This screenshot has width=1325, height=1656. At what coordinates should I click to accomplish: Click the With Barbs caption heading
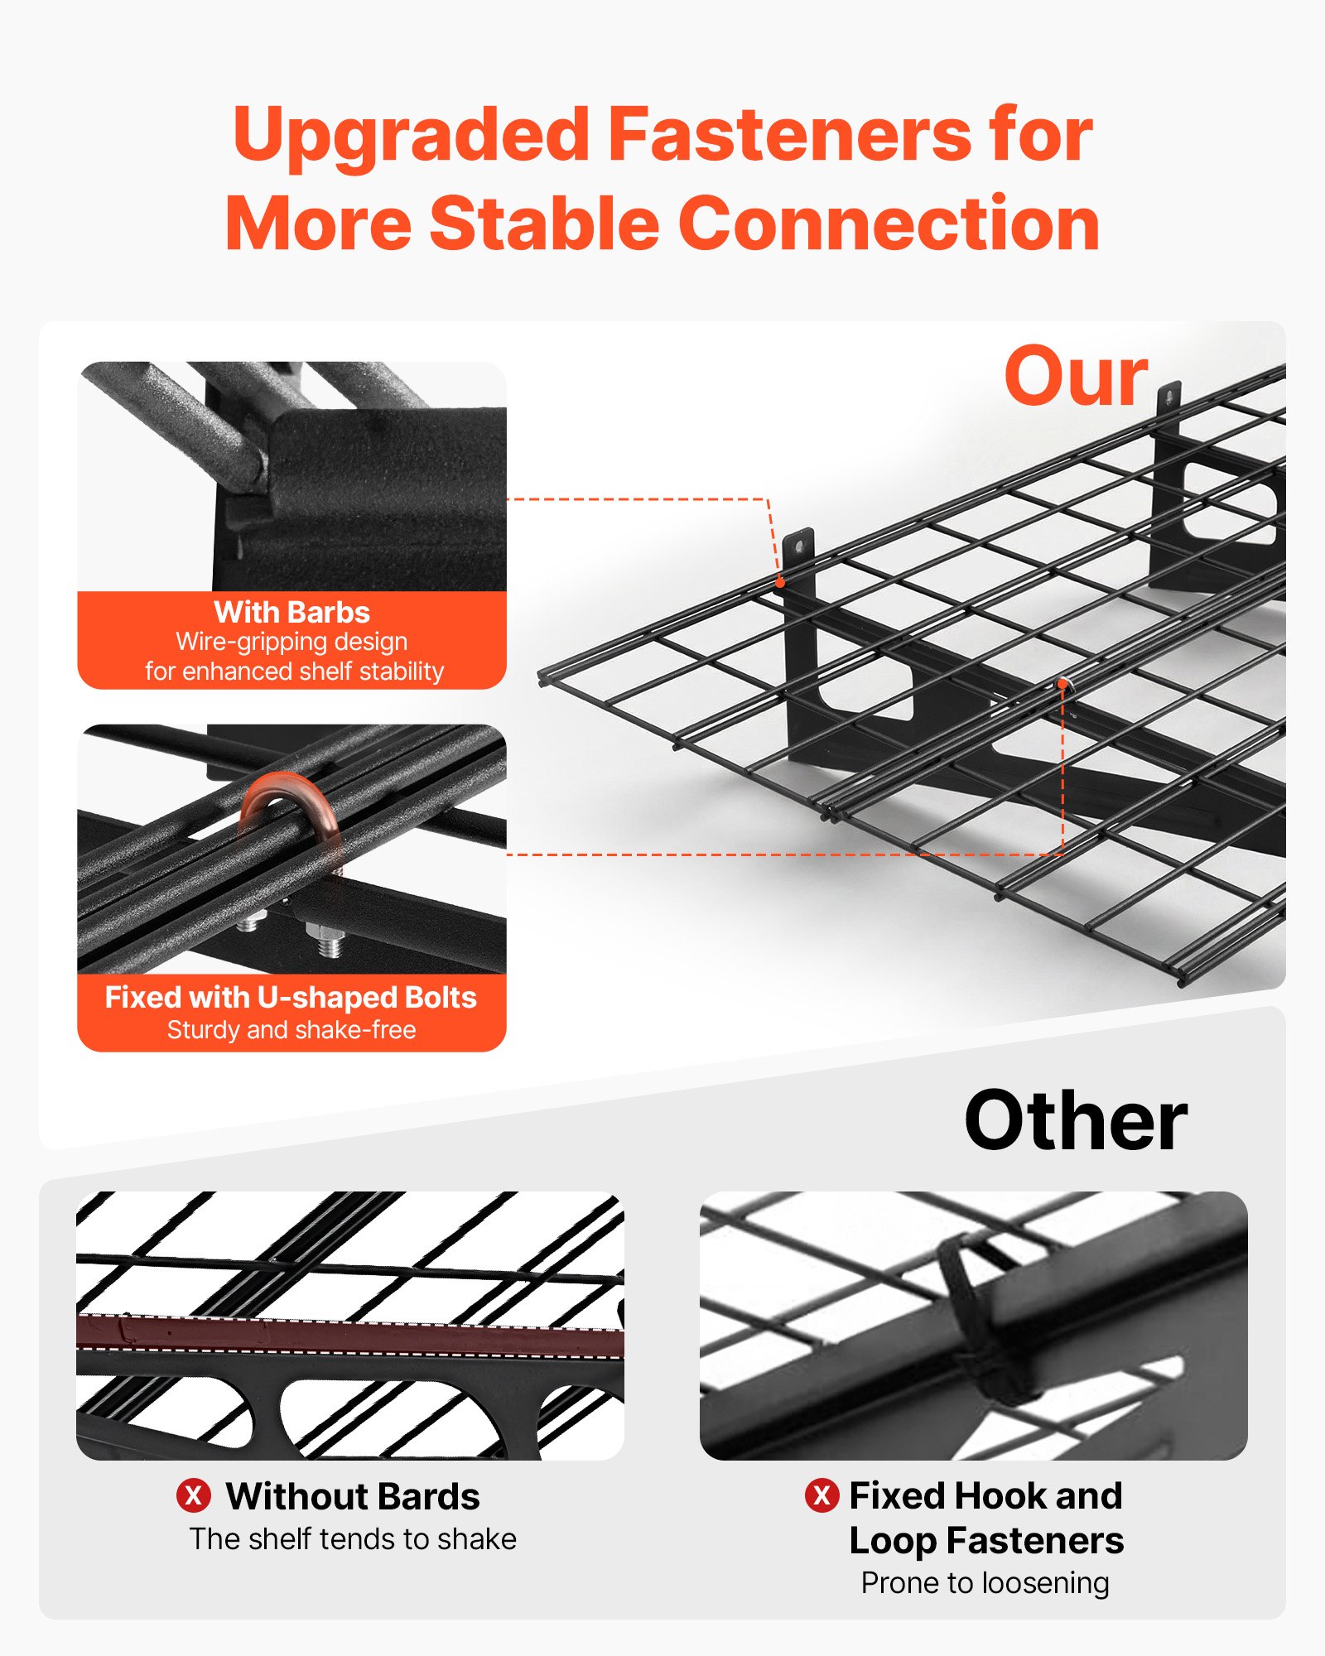click(x=291, y=613)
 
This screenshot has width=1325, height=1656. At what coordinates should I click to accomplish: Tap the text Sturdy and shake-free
click(x=291, y=1030)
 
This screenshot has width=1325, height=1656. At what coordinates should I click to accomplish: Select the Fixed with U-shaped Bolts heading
click(x=291, y=998)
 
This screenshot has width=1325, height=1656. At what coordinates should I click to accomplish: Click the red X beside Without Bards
click(x=193, y=1495)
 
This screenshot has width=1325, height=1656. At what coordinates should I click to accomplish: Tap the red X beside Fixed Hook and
click(x=821, y=1495)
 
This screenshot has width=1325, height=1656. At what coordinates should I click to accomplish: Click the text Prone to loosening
click(x=985, y=1583)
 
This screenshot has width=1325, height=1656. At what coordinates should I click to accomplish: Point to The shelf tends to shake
click(x=353, y=1539)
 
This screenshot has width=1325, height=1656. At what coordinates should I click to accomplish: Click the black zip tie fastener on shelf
click(x=977, y=1317)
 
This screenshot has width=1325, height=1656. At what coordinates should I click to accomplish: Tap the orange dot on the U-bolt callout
click(x=1062, y=684)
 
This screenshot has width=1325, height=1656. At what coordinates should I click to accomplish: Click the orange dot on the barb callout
click(x=779, y=582)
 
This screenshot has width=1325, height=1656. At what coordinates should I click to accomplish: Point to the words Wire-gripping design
click(x=291, y=642)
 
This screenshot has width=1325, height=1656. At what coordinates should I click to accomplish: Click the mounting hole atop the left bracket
click(x=798, y=546)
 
